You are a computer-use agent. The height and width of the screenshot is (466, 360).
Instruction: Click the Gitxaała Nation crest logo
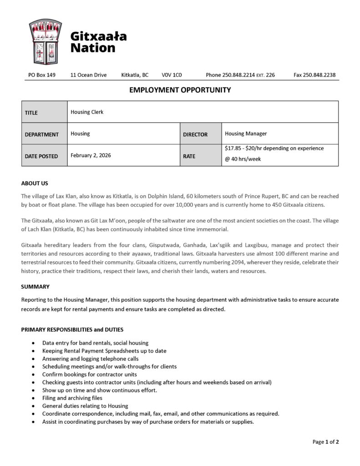[x=45, y=41]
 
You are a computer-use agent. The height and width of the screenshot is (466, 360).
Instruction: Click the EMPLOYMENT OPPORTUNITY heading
[x=180, y=90]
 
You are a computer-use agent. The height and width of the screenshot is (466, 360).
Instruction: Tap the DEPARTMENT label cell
[x=41, y=134]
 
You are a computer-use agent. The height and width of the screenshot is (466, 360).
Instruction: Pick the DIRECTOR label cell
[x=195, y=134]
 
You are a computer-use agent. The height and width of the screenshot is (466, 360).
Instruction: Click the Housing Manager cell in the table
[x=246, y=134]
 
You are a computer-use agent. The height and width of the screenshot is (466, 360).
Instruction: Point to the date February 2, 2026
[x=91, y=155]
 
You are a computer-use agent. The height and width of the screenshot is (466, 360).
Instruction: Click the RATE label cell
[x=189, y=156]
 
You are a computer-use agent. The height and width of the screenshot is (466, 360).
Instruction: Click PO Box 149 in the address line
[x=42, y=75]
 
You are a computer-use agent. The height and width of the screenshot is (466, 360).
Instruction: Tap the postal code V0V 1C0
[x=172, y=75]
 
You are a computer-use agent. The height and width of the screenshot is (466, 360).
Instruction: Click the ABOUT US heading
[x=35, y=183]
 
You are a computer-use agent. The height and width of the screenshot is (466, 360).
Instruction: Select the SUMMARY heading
[x=35, y=287]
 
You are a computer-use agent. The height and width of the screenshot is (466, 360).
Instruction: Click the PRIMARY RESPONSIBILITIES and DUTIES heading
[x=72, y=329]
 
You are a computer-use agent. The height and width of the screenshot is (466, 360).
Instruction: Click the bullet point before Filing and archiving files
[x=33, y=398]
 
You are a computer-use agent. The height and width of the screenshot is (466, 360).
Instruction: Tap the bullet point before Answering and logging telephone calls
[x=33, y=359]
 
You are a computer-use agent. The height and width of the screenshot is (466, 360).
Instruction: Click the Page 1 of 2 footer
[x=325, y=441]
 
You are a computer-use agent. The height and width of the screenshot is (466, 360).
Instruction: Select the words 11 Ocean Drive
[x=88, y=75]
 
